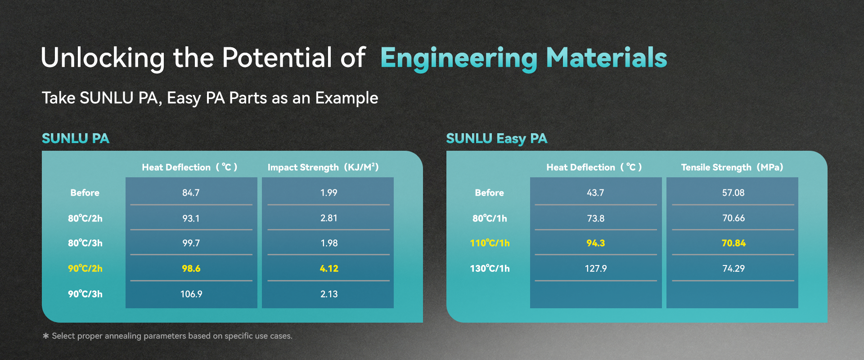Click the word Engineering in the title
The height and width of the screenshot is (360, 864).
point(459,58)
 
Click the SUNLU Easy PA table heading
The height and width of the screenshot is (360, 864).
point(496,138)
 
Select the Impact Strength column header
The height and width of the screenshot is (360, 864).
point(323,167)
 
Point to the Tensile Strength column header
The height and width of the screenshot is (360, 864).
point(732,167)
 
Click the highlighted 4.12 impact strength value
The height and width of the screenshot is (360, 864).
point(329,269)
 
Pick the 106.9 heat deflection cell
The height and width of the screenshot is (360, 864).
point(191,294)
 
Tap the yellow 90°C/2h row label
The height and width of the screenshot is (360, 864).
point(85,269)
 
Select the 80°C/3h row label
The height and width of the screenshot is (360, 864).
point(85,243)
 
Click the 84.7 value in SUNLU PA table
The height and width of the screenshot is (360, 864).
point(191,193)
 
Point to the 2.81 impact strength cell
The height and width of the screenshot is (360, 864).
point(329,218)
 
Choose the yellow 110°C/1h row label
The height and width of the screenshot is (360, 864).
point(490,243)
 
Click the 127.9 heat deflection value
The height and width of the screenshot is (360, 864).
point(595,269)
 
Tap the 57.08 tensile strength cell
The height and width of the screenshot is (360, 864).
point(733,193)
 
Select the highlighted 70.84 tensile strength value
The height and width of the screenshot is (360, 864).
point(733,243)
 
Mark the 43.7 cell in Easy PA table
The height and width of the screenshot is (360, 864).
point(595,193)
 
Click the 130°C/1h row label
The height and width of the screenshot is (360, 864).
point(490,269)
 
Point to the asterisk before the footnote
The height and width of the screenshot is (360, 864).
point(45,336)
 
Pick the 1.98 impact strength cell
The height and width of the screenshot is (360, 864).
point(329,243)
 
